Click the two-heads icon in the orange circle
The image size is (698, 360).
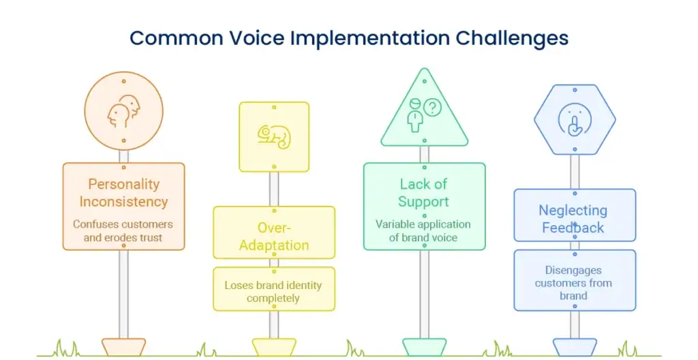tap(124, 112)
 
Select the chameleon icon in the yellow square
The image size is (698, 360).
tap(274, 136)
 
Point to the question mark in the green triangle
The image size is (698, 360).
tap(433, 107)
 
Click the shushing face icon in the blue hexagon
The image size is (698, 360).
tap(574, 120)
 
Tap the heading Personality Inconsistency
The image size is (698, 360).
tap(123, 193)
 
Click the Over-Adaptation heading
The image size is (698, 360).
tap(274, 236)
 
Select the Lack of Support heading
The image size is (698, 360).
tap(423, 193)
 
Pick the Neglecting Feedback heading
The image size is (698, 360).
tap(573, 219)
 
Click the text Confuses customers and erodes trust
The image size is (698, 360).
tap(123, 231)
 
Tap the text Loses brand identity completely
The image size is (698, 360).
tap(273, 292)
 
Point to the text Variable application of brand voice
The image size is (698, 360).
tap(423, 231)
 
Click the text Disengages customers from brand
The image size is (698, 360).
tap(573, 283)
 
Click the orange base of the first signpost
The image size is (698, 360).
tap(123, 346)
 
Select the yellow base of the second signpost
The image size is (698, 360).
tap(274, 346)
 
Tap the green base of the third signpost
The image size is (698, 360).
tap(424, 346)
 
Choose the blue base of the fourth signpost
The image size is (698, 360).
tap(574, 346)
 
